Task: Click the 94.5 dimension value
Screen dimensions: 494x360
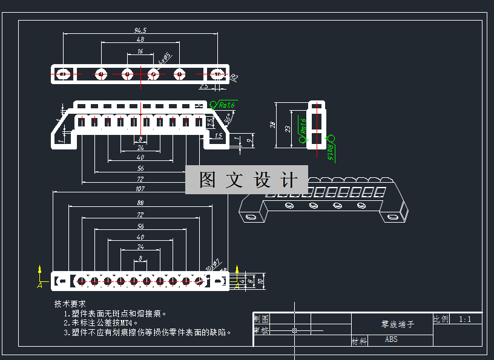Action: tap(140, 30)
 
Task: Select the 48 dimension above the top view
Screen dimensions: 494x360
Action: tap(140, 39)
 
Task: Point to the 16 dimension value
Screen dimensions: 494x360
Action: tap(140, 51)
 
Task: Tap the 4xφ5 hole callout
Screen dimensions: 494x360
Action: tap(165, 59)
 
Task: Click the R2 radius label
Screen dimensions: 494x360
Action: tap(234, 77)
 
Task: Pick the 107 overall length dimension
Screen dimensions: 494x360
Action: tap(140, 188)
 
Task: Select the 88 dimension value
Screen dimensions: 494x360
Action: tap(140, 203)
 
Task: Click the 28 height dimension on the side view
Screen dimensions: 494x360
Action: tap(273, 125)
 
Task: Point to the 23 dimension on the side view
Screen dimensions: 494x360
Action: tap(288, 129)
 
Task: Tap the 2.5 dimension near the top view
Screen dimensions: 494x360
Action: tap(204, 86)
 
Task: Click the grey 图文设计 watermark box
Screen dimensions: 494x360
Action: tap(246, 180)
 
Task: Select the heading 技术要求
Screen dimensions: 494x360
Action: tap(70, 304)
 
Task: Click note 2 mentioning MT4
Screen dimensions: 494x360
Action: tap(101, 322)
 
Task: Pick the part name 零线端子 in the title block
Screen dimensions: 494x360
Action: tap(398, 324)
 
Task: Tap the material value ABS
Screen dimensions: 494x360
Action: tap(391, 339)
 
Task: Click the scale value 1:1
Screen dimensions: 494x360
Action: tap(466, 319)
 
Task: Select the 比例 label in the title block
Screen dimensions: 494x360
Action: tap(441, 319)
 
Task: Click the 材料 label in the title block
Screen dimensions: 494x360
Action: tap(359, 341)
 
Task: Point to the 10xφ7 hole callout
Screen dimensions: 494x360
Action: tap(212, 264)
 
